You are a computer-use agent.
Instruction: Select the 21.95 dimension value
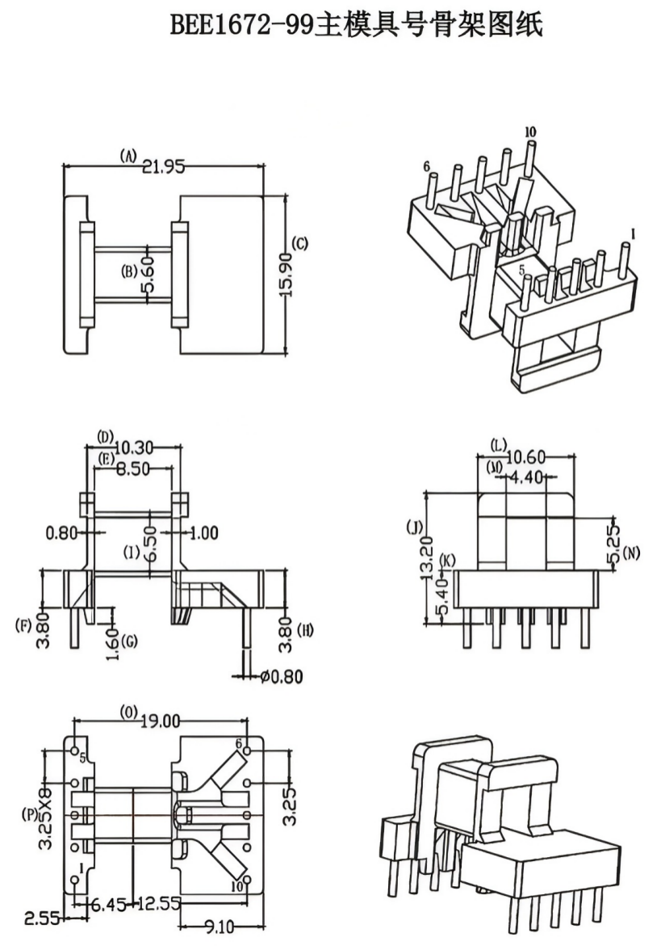coord(164,166)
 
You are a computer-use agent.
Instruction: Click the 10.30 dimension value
coord(134,447)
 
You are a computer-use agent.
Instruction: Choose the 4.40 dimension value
coord(526,477)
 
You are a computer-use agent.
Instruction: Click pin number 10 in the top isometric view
coord(530,132)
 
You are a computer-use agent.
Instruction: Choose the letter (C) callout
coord(299,243)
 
